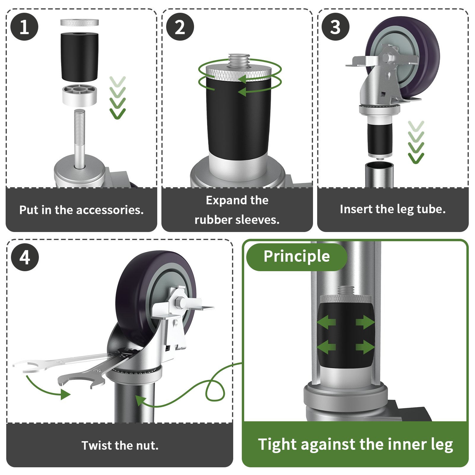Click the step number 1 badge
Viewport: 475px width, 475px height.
(x=24, y=27)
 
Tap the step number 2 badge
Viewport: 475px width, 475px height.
(x=180, y=27)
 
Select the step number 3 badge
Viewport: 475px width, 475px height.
(x=335, y=27)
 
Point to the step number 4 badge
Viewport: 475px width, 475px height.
(x=25, y=257)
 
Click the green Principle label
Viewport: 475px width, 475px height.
(x=296, y=256)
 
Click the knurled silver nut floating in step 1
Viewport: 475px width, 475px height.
(x=80, y=23)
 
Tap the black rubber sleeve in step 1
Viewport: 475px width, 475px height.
(x=80, y=56)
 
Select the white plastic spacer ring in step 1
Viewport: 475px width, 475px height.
(x=80, y=96)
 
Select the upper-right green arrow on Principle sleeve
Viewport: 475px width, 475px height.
(x=365, y=322)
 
